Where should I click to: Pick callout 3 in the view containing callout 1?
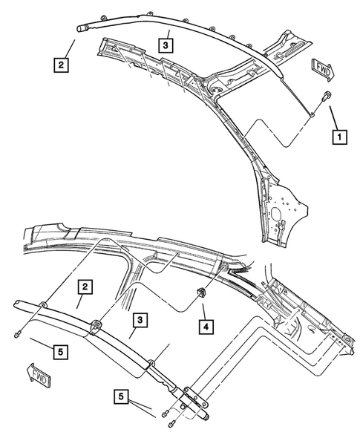click(167, 45)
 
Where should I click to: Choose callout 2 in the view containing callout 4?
click(86, 286)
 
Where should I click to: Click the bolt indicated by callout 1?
click(324, 96)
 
